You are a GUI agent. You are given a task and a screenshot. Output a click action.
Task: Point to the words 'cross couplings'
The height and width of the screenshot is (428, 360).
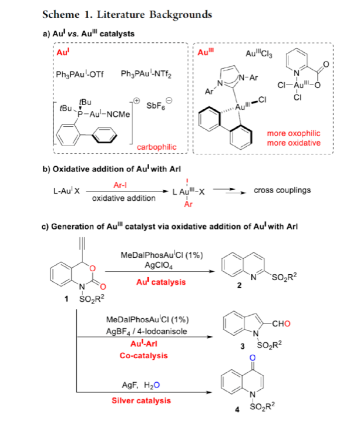(x=282, y=191)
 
